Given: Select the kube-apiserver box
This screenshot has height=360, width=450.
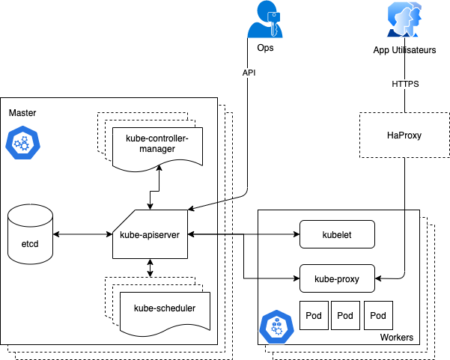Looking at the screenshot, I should point(150,234).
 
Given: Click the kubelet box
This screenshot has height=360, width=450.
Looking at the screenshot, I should point(337,234).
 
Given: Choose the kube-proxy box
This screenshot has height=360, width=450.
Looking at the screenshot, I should point(337,278).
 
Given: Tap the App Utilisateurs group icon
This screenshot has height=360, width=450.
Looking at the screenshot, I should point(405,20).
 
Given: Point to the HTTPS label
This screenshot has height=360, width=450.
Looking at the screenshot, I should point(405,84).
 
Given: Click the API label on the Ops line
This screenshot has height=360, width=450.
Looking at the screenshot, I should point(249,73).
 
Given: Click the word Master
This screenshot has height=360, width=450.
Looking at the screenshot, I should point(22,112).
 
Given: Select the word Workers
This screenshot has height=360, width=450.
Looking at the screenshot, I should point(396,338).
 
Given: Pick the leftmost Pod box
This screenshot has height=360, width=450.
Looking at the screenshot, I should point(313,316).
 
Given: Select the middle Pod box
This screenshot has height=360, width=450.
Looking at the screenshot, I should point(345,316).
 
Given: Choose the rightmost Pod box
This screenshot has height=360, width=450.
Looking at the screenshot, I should point(378,316).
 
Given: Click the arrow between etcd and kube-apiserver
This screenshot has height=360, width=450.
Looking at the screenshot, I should point(83,234).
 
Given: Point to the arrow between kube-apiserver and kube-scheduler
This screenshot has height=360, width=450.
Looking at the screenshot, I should point(150,267).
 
